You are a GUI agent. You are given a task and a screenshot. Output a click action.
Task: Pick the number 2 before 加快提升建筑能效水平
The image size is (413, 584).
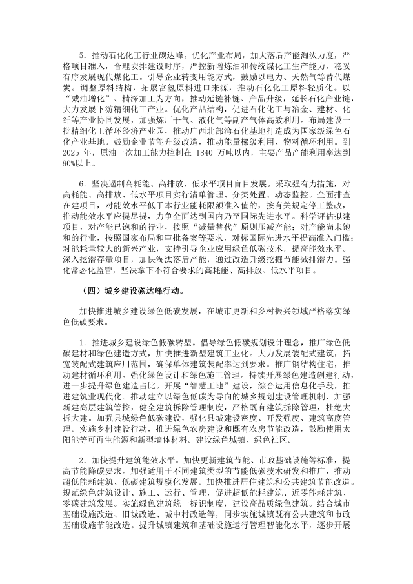pyautogui.click(x=81, y=460)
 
